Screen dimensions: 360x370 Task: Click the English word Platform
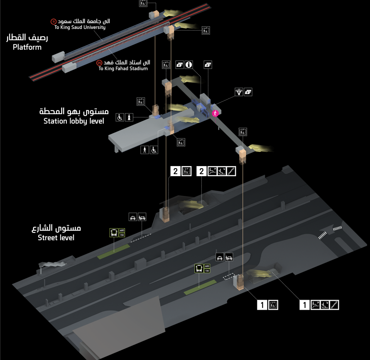pos(27,47)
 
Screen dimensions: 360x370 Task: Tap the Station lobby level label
pos(74,121)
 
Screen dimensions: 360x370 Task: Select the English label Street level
pos(56,238)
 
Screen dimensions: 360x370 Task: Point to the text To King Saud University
pos(80,27)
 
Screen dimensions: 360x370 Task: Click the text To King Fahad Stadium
pos(123,68)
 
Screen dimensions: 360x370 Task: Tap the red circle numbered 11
pos(53,21)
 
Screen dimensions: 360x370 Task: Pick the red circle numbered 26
pos(100,62)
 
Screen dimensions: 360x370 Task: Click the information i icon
pos(189,65)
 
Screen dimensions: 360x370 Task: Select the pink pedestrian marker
pos(216,113)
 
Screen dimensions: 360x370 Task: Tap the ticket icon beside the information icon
pos(179,65)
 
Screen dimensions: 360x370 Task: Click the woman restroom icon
pos(129,116)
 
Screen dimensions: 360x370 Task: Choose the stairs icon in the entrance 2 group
pos(231,171)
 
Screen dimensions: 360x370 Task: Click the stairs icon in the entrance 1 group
pos(334,305)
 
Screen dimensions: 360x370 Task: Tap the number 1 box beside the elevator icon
pos(262,305)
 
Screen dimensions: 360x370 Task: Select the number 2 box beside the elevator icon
pos(176,171)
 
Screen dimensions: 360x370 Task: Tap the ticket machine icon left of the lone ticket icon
pos(239,92)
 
